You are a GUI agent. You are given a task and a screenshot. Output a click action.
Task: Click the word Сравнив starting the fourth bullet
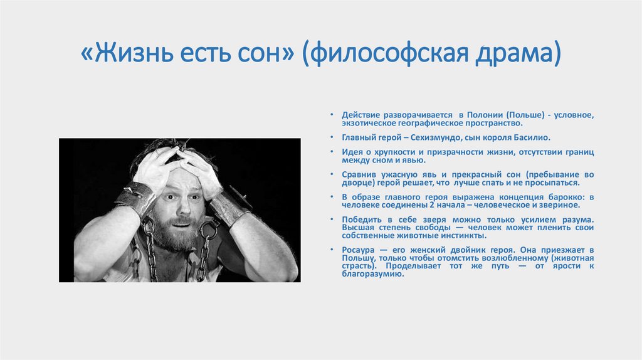point(359,174)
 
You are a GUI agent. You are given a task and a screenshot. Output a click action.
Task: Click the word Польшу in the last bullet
point(359,258)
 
